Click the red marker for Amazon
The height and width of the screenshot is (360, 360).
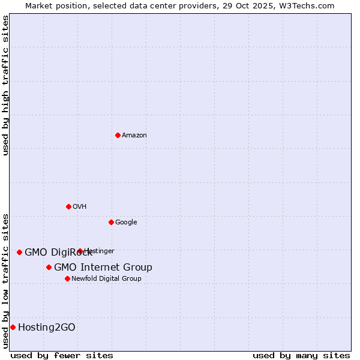(118, 135)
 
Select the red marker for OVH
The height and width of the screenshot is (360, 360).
(68, 206)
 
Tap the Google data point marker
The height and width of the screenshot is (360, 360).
(111, 222)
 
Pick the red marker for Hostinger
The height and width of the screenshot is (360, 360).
(80, 251)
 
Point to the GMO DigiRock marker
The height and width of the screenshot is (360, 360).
(19, 252)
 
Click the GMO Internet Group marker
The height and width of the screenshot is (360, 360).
(49, 267)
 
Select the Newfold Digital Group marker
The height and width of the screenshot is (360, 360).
(67, 278)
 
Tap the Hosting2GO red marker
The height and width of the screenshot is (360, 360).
(13, 327)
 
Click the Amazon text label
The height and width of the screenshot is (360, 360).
(134, 136)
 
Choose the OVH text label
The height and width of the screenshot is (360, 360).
(80, 207)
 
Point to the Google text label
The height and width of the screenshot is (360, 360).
(126, 223)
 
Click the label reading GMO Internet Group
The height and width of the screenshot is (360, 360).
(103, 268)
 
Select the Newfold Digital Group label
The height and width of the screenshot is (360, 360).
(106, 279)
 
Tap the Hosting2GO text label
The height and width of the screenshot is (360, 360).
(47, 328)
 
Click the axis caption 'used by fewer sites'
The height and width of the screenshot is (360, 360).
(62, 355)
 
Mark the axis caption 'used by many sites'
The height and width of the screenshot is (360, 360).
(301, 355)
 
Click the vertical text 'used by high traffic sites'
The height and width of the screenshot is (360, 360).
(5, 85)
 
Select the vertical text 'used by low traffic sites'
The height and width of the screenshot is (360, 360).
(5, 280)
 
